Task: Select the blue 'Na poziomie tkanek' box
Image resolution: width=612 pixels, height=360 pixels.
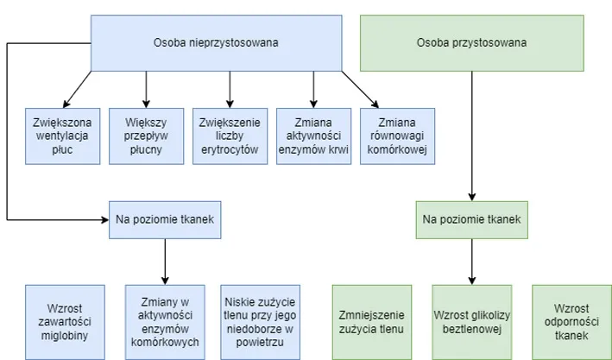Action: [165, 219]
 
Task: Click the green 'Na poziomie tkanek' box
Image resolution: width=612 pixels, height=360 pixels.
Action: [471, 219]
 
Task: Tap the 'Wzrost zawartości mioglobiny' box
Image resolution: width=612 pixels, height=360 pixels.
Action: [66, 322]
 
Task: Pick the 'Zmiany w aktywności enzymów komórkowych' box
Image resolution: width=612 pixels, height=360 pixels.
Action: [165, 322]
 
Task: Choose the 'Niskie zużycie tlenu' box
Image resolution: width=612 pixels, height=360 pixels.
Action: [260, 322]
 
